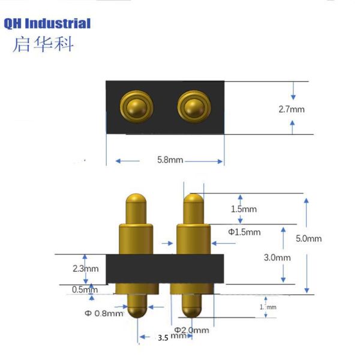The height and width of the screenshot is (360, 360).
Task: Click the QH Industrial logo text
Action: pyautogui.click(x=47, y=24)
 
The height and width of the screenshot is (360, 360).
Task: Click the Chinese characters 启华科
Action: pyautogui.click(x=43, y=45)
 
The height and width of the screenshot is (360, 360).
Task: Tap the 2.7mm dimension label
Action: pyautogui.click(x=292, y=109)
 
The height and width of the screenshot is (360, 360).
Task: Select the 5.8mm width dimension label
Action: pyautogui.click(x=170, y=160)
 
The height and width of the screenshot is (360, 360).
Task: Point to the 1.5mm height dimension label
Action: pyautogui.click(x=244, y=209)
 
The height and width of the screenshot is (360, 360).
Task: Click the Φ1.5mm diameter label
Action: pyautogui.click(x=244, y=232)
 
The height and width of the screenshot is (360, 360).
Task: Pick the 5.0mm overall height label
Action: pyautogui.click(x=309, y=238)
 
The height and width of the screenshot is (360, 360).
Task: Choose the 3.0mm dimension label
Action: pyautogui.click(x=277, y=257)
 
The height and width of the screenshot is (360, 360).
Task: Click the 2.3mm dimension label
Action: pyautogui.click(x=84, y=268)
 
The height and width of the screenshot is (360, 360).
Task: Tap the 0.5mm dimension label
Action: pyautogui.click(x=83, y=289)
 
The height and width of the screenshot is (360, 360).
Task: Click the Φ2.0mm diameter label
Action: pyautogui.click(x=192, y=330)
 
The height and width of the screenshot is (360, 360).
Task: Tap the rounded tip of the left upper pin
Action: pyautogui.click(x=137, y=200)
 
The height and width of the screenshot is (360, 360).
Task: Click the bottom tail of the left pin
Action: pyautogui.click(x=137, y=309)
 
